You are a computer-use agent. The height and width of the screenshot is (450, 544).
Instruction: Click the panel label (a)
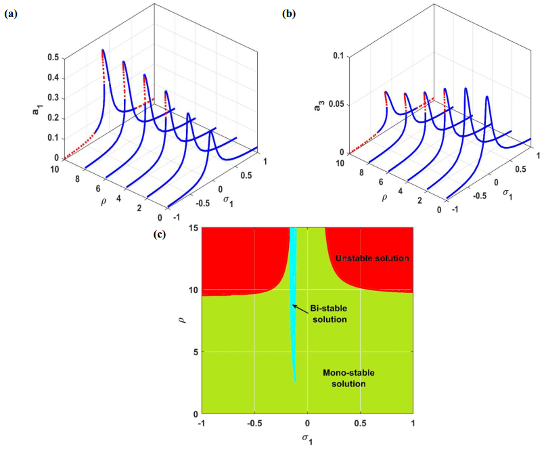pos(11,12)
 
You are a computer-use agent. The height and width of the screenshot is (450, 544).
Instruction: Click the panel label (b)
pos(289,12)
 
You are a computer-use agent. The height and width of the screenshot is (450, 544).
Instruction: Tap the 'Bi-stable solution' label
pos(329,314)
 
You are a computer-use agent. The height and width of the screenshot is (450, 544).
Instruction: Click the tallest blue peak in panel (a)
pos(103,51)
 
